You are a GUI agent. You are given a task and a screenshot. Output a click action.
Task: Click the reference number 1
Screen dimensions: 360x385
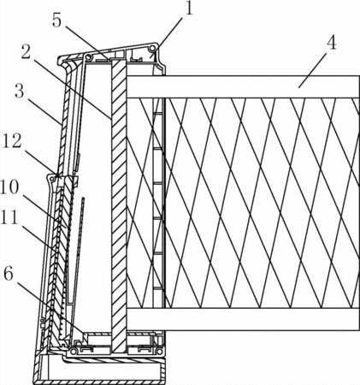pyautogui.click(x=189, y=9)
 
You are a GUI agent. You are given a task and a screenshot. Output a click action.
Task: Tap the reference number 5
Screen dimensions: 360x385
pyautogui.click(x=56, y=21)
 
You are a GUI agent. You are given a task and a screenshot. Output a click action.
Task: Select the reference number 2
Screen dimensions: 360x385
pyautogui.click(x=26, y=52)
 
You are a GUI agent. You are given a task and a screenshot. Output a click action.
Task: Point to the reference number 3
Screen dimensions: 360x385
pyautogui.click(x=19, y=92)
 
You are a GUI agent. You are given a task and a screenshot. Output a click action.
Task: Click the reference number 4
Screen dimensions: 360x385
pyautogui.click(x=332, y=44)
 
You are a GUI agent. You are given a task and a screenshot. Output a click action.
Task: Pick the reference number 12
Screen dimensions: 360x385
pyautogui.click(x=12, y=141)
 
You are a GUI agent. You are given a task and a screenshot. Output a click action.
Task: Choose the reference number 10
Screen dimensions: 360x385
pyautogui.click(x=9, y=187)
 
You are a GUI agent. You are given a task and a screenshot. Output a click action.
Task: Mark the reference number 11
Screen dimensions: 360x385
pyautogui.click(x=9, y=217)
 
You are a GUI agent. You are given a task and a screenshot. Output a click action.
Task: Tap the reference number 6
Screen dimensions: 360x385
pyautogui.click(x=9, y=274)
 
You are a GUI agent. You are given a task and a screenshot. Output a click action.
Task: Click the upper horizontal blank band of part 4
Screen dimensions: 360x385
pyautogui.click(x=243, y=87)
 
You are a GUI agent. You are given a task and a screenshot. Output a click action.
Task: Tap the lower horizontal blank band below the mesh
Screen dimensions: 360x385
pyautogui.click(x=243, y=319)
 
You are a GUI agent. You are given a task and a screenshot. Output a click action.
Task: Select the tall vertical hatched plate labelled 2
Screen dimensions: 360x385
pyautogui.click(x=118, y=205)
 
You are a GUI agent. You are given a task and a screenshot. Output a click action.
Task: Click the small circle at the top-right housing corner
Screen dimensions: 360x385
pyautogui.click(x=154, y=48)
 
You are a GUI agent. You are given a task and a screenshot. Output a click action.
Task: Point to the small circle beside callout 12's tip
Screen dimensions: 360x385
pyautogui.click(x=52, y=179)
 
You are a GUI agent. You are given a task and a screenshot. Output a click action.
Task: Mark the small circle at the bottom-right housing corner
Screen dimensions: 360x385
pyautogui.click(x=160, y=351)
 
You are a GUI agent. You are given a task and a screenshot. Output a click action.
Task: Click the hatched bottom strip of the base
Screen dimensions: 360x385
pyautogui.click(x=100, y=382)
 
